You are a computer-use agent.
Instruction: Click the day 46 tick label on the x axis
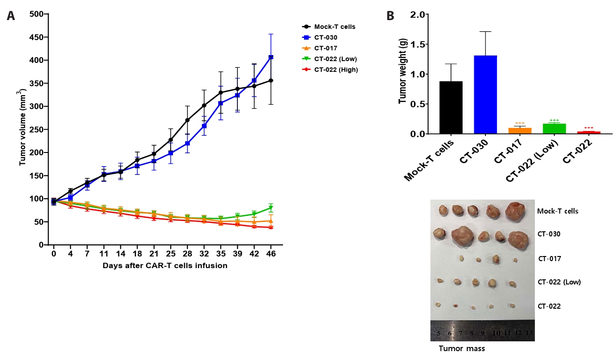point(271,254)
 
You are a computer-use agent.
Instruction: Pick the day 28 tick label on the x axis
point(187,254)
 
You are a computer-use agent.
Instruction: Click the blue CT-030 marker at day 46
point(271,57)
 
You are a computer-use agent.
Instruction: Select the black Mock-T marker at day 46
point(271,81)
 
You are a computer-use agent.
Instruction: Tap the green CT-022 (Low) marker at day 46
point(271,208)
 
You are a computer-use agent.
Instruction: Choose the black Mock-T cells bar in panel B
point(451,108)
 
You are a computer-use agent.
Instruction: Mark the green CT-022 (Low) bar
point(554,129)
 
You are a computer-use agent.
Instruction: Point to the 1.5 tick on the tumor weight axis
point(422,45)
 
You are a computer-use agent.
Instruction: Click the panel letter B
point(390,16)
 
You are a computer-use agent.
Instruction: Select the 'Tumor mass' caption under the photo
point(462,348)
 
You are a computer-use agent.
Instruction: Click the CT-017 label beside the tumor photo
point(550,259)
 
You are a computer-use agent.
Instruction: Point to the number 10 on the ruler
point(496,333)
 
